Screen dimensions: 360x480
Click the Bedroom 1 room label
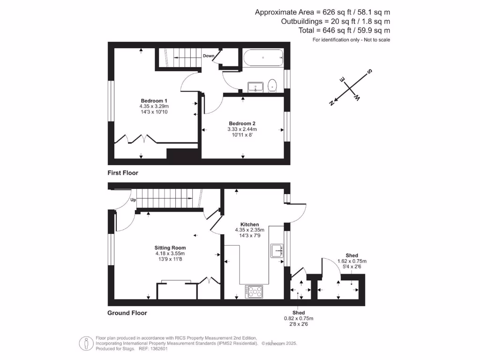154,101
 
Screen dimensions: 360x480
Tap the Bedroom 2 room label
242,123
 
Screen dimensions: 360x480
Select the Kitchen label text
249,225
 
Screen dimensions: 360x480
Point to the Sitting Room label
170,248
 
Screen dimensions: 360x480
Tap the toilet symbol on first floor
272,86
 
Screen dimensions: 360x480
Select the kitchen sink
277,251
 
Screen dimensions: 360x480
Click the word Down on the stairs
209,56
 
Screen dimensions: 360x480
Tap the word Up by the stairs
133,200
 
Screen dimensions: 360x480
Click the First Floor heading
123,173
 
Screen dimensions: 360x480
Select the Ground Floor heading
127,313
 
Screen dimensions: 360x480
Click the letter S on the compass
369,72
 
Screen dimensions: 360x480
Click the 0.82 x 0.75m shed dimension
298,318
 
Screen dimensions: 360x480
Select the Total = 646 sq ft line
344,30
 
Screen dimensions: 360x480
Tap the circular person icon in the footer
86,343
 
